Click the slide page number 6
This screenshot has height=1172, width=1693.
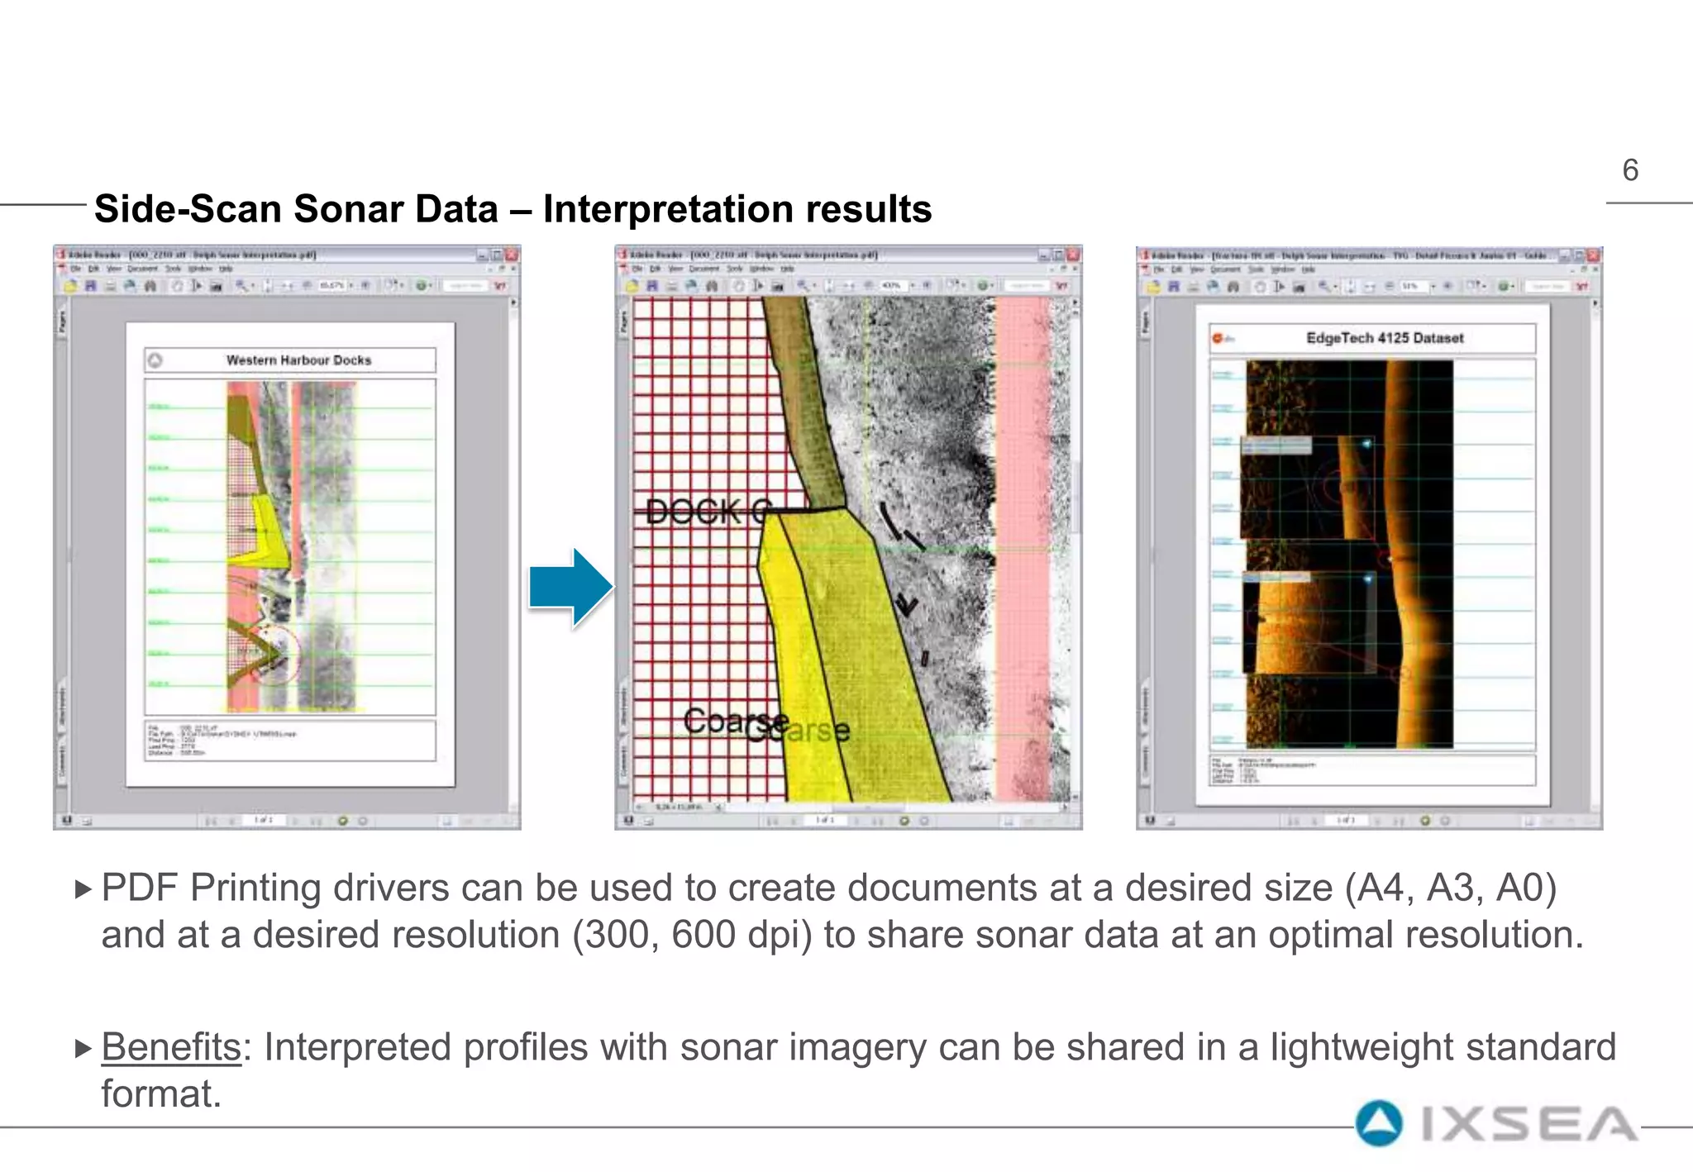point(1629,170)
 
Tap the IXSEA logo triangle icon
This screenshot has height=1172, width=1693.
point(1379,1123)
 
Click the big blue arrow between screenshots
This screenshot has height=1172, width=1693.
point(571,588)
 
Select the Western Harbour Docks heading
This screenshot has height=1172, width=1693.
point(298,360)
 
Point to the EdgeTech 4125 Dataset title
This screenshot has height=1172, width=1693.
point(1384,338)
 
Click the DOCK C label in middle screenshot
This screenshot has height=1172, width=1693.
point(708,512)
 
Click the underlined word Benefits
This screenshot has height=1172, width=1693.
point(171,1047)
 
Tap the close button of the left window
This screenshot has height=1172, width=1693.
point(512,255)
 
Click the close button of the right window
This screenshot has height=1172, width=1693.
point(1593,255)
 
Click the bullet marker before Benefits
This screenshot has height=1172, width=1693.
point(83,1049)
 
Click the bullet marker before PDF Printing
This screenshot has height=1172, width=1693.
point(83,889)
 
